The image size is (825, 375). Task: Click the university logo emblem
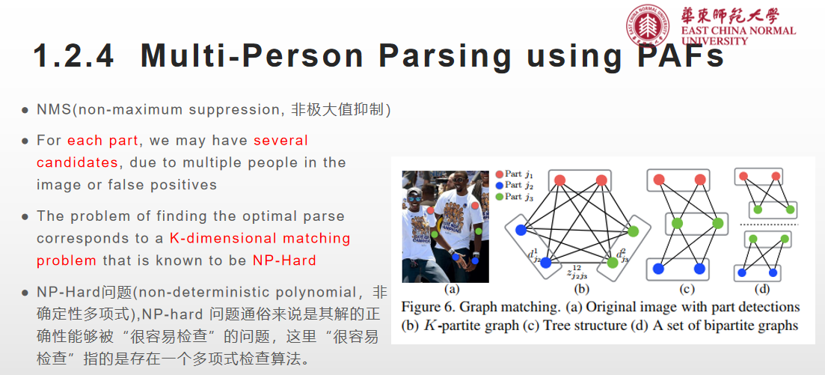pos(648,25)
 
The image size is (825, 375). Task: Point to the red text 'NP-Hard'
pos(284,260)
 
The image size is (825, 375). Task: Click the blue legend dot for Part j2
pos(497,185)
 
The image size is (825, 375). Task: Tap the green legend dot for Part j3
pos(497,196)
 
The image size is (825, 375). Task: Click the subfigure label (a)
pos(451,289)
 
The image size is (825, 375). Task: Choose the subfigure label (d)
pos(762,289)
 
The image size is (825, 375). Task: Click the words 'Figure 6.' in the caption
pos(428,307)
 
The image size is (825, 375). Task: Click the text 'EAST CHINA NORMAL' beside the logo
pos(737,31)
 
